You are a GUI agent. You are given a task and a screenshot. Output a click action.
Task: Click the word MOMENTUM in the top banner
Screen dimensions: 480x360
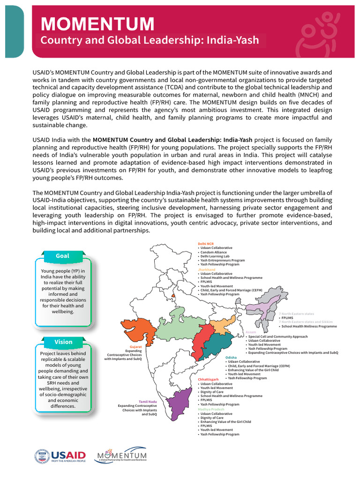coord(97,23)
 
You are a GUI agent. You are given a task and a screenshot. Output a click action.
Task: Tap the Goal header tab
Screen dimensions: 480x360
coord(62,256)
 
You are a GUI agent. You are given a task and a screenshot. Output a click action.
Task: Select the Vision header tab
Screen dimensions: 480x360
coord(63,342)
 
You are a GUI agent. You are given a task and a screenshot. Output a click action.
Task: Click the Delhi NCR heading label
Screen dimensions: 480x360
coord(206,244)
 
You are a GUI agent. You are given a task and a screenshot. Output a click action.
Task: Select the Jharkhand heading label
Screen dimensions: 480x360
coord(207,270)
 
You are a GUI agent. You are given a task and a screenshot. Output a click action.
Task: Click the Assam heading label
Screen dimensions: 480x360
coord(251,332)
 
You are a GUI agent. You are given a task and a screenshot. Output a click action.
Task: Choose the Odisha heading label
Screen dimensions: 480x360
coord(231,358)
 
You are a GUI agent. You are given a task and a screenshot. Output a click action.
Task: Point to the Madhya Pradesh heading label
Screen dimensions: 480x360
coord(209,409)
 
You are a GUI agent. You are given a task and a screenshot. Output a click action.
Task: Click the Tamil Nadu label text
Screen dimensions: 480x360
coord(148,401)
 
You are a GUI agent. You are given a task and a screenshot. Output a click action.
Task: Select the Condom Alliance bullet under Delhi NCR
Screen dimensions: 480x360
coord(214,252)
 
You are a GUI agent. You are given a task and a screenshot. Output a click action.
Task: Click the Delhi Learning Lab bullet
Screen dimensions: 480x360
coord(216,256)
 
